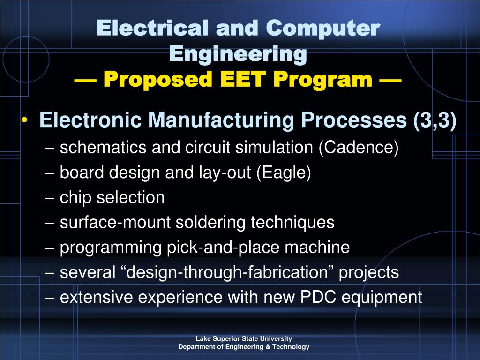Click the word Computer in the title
[x=322, y=29]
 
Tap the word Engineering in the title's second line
[x=238, y=54]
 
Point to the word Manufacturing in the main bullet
[x=222, y=120]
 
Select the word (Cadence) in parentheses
[x=359, y=148]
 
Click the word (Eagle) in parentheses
[x=284, y=172]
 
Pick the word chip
[x=76, y=197]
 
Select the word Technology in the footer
[x=292, y=347]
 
